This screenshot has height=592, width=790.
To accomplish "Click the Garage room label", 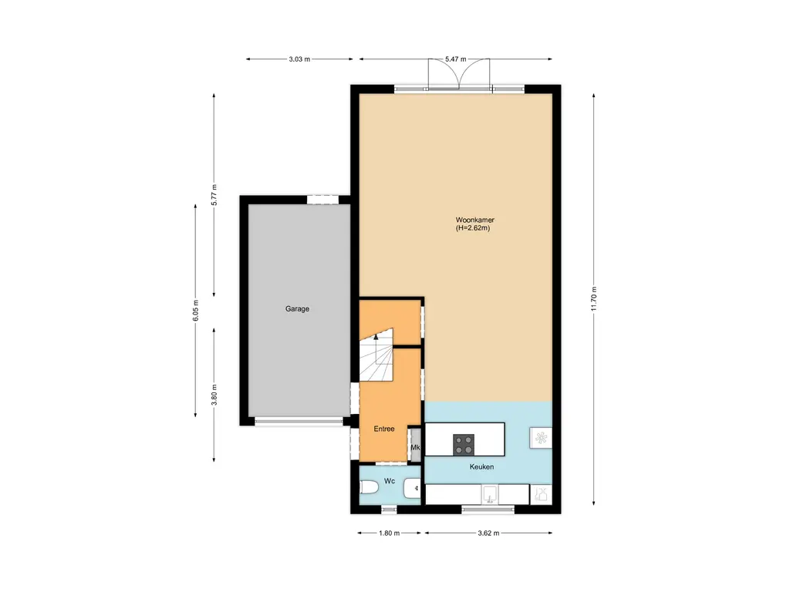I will point(297,309).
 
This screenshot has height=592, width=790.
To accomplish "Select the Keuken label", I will point(482,467).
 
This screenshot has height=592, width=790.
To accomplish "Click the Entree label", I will point(384,429).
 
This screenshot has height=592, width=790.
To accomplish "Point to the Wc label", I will point(390,481).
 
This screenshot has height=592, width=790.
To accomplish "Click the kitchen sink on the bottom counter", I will point(489,493).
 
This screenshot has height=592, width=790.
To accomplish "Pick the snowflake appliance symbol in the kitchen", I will point(539,438).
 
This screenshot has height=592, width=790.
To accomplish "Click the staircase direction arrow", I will point(376,338).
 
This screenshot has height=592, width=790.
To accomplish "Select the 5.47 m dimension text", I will point(456,59).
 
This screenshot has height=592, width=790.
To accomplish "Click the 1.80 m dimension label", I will point(390,533).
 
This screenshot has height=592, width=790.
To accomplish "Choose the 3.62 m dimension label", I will point(488,533).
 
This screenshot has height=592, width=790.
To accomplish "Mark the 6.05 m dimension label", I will point(195,310).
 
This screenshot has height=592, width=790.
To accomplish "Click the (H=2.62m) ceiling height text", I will point(474,228).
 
